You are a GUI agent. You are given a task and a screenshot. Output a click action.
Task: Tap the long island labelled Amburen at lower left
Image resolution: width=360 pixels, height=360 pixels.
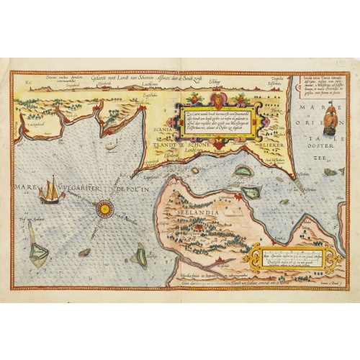[37, 247]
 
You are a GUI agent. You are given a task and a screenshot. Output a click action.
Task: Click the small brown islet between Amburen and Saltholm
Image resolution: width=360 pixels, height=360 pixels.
[85, 252]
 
